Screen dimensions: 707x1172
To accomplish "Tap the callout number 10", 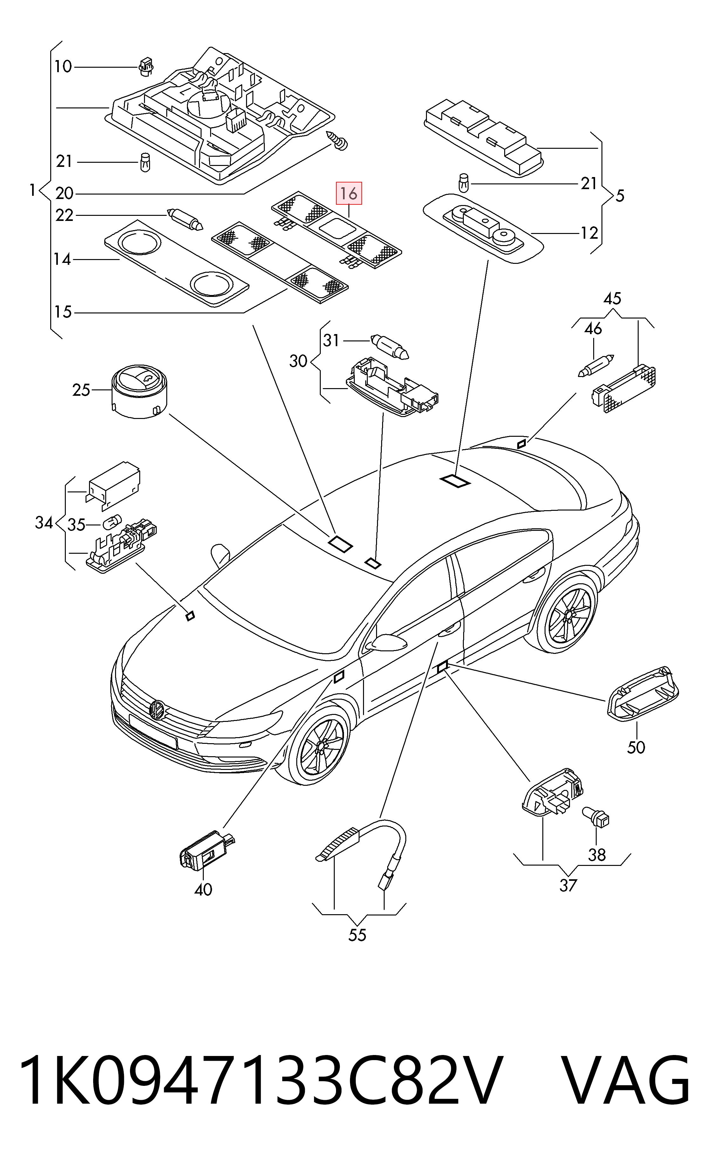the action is [x=63, y=66].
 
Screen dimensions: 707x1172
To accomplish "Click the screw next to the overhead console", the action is [x=339, y=141].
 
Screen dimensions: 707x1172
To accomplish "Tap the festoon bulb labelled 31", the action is [x=390, y=346].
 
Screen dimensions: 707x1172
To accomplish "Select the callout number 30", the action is [x=298, y=361].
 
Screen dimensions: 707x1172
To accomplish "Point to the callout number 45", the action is [x=612, y=299].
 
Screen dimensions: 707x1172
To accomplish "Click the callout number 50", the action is [x=636, y=747].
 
